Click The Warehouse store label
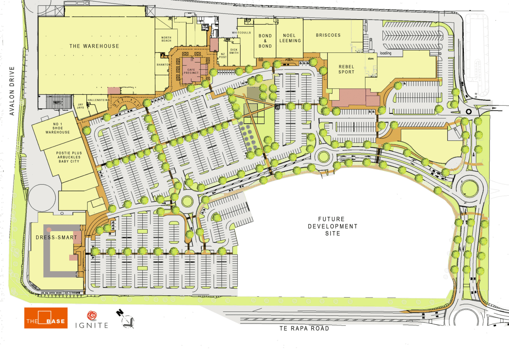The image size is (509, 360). [94, 46]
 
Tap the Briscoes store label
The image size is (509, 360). [328, 35]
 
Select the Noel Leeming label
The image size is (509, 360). [290, 38]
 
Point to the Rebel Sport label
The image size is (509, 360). [346, 69]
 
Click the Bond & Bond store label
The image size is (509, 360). [265, 41]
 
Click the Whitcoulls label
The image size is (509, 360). [242, 33]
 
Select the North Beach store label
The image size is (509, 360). [166, 39]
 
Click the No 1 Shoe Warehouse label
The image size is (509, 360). [58, 128]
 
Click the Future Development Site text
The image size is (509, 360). [338, 226]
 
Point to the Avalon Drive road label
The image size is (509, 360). [12, 91]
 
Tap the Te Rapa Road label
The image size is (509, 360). [303, 329]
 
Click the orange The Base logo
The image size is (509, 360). [46, 318]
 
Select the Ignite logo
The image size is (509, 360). [92, 319]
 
